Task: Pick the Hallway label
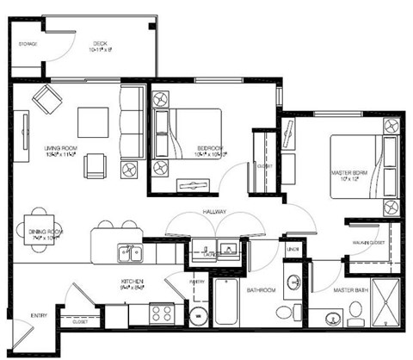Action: pos(214,208)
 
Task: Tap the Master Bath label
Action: pos(351,290)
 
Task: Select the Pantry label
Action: pos(197,282)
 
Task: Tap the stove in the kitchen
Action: pos(162,313)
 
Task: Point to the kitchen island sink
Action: pos(131,252)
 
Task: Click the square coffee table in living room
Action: pos(93,120)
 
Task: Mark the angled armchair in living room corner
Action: pos(45,101)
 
